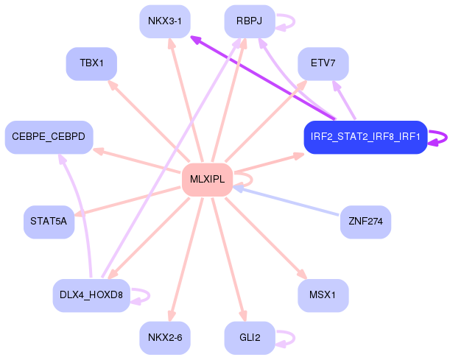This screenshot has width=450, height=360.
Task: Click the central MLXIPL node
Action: click(207, 180)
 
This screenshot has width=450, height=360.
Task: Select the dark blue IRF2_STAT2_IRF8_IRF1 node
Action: click(365, 137)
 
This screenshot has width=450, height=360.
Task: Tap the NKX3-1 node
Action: click(164, 21)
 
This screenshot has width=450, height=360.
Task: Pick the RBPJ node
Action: click(249, 21)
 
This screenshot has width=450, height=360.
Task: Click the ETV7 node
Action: click(323, 63)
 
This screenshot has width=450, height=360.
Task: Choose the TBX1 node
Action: click(91, 63)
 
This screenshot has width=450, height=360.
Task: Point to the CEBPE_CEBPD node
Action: click(49, 137)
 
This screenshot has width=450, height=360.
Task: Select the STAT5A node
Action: click(49, 222)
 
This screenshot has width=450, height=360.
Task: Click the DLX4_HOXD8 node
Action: click(91, 295)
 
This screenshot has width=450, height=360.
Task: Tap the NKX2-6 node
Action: click(164, 338)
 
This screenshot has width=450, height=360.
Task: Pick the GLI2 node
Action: click(249, 338)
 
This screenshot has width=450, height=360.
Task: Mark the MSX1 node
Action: click(323, 295)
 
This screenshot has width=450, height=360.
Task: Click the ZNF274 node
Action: click(365, 222)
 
